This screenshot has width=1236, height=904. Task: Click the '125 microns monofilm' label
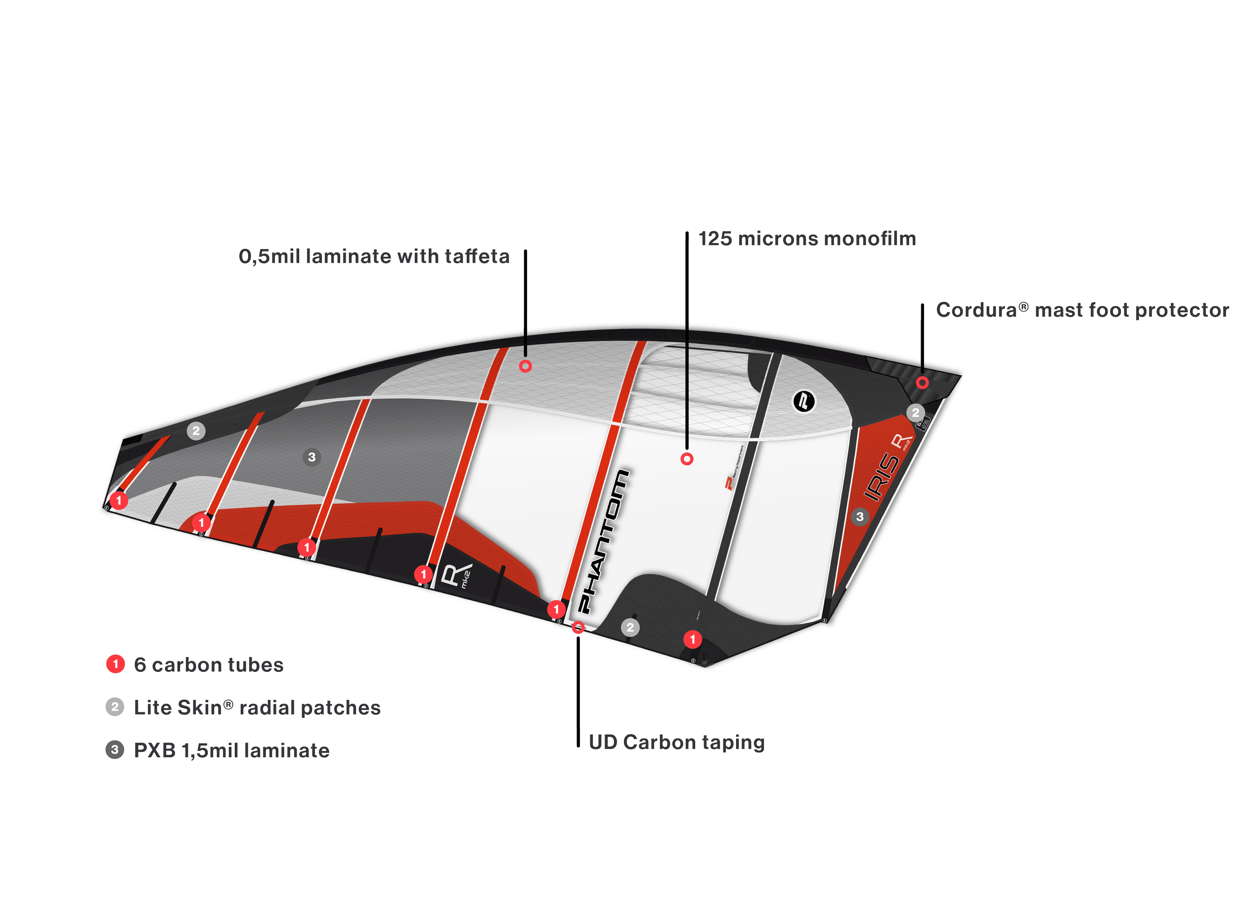click(807, 239)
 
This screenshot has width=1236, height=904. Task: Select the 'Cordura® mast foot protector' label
click(1082, 310)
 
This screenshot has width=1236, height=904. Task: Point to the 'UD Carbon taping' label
click(676, 742)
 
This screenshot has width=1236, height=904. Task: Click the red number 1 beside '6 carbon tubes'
click(115, 664)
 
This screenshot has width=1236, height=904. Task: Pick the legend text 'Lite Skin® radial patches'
click(257, 707)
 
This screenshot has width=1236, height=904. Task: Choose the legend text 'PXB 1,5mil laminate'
click(232, 750)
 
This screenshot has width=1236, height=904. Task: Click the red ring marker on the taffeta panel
click(525, 366)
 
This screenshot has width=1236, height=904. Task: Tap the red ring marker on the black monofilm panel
click(687, 458)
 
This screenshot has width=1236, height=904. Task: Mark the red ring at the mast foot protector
click(922, 382)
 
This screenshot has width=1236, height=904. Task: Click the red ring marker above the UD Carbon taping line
click(578, 627)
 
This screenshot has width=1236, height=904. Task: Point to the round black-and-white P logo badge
click(803, 401)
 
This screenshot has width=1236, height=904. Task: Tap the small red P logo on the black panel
click(729, 483)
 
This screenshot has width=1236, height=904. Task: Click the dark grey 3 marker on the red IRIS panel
click(860, 516)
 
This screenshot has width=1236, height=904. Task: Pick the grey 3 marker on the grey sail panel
click(311, 457)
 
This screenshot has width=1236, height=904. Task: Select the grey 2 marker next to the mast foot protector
click(915, 412)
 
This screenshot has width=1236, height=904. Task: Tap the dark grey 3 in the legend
click(115, 750)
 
